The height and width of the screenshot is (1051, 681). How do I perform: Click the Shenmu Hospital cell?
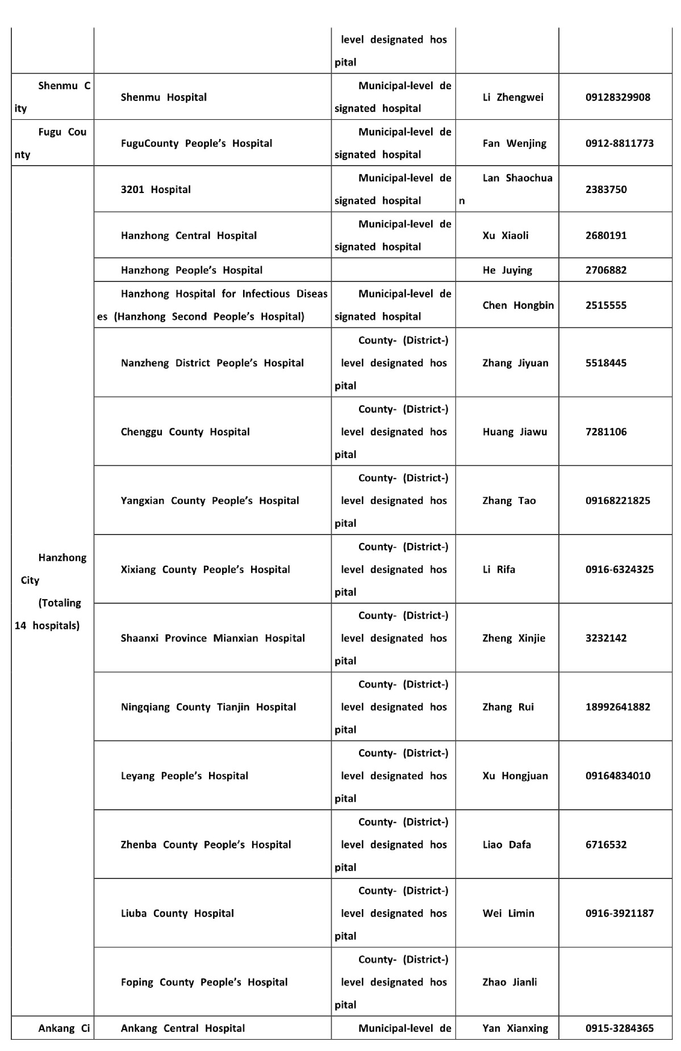(x=164, y=97)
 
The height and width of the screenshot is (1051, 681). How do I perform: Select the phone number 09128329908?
(x=618, y=97)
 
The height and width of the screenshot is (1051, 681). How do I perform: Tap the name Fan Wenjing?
(x=514, y=143)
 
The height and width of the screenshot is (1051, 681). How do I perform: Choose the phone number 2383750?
(x=606, y=190)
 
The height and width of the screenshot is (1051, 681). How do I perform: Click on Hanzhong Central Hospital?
(x=189, y=236)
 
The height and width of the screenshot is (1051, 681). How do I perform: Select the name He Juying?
(x=507, y=270)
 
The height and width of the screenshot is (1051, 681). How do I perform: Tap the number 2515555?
(x=606, y=305)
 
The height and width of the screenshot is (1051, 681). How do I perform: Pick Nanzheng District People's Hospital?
(x=212, y=363)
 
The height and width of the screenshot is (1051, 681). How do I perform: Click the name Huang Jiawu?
(x=515, y=432)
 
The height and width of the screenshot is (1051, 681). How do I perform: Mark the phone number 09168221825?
(x=618, y=501)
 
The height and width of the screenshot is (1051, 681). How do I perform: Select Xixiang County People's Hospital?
(x=205, y=569)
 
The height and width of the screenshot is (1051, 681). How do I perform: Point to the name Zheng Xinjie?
(x=513, y=638)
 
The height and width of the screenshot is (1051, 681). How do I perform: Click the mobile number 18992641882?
(x=618, y=707)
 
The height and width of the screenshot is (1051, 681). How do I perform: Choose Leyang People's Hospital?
(x=184, y=776)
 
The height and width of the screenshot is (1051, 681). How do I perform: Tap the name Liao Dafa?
(x=507, y=844)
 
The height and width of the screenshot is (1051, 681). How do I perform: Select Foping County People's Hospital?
(x=204, y=982)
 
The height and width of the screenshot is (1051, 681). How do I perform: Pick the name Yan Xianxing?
(x=515, y=1028)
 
